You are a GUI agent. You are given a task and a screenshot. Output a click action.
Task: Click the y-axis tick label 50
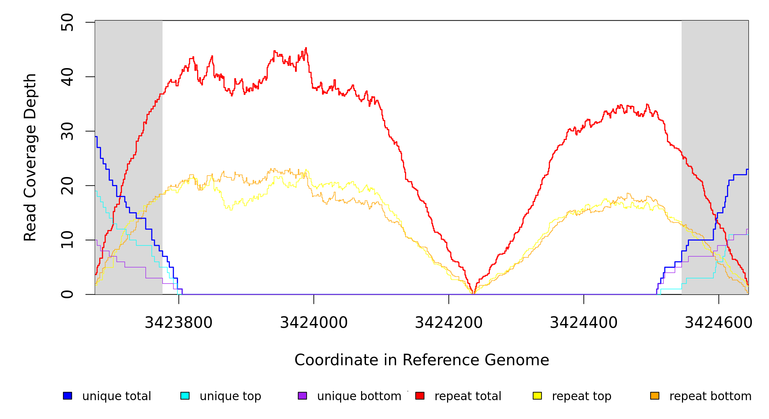pyautogui.click(x=67, y=22)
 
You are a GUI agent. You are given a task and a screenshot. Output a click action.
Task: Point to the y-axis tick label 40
pyautogui.click(x=67, y=77)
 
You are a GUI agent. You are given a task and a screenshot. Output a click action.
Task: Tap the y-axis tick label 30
pyautogui.click(x=67, y=131)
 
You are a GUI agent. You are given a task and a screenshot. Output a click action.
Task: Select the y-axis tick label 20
pyautogui.click(x=67, y=186)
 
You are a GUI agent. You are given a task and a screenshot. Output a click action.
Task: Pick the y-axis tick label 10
pyautogui.click(x=67, y=240)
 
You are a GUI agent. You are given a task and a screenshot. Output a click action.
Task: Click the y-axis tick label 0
pyautogui.click(x=67, y=294)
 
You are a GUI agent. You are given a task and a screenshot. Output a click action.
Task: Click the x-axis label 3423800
pyautogui.click(x=179, y=323)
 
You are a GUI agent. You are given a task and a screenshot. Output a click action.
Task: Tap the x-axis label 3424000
pyautogui.click(x=314, y=323)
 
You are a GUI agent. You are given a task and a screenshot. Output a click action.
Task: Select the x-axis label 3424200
pyautogui.click(x=449, y=323)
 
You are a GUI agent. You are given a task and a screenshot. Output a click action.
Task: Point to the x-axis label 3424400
pyautogui.click(x=584, y=323)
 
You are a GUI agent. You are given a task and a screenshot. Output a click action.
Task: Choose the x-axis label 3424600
pyautogui.click(x=719, y=323)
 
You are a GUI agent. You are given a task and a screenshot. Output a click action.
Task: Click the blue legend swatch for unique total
pyautogui.click(x=67, y=396)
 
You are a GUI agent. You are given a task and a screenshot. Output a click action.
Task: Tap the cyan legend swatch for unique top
pyautogui.click(x=185, y=396)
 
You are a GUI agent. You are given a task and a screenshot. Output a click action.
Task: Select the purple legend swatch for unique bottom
pyautogui.click(x=302, y=396)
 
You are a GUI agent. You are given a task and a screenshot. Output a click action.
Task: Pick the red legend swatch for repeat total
pyautogui.click(x=420, y=396)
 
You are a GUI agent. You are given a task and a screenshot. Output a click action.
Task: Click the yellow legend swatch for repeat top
pyautogui.click(x=537, y=396)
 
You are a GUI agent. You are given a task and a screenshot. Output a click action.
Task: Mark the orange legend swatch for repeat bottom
pyautogui.click(x=655, y=396)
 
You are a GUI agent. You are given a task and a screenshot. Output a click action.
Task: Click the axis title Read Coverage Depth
pyautogui.click(x=30, y=157)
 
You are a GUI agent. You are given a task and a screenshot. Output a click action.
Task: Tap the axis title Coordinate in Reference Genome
pyautogui.click(x=422, y=360)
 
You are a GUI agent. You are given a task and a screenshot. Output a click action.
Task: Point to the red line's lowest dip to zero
pyautogui.click(x=473, y=293)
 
